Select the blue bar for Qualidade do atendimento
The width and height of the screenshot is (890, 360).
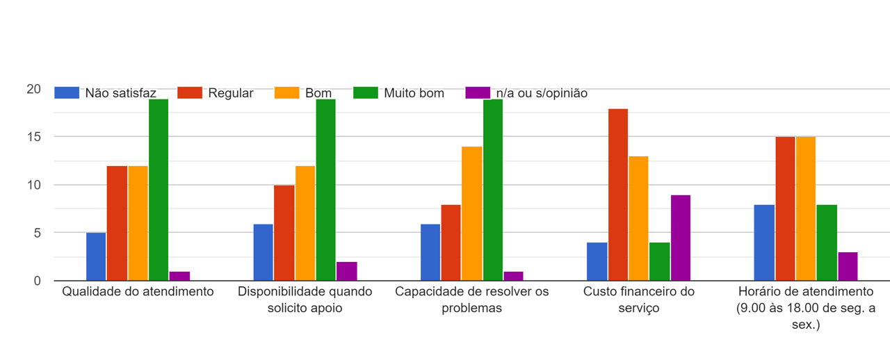tap(96, 256)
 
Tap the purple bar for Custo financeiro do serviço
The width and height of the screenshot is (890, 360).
tap(681, 238)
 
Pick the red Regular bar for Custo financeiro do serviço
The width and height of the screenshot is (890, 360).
tap(618, 195)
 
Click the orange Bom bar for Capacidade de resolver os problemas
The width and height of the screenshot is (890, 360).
tap(472, 213)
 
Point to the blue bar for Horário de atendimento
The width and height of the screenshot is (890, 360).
tap(765, 243)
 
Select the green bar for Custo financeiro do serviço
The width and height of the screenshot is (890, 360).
tap(660, 261)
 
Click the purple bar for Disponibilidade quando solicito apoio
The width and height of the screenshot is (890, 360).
tap(346, 271)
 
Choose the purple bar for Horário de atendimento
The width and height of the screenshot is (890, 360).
tap(848, 266)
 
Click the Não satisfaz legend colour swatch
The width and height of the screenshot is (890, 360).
tap(67, 93)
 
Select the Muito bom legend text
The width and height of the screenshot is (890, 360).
tap(414, 93)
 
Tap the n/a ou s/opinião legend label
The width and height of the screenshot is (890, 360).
tap(542, 93)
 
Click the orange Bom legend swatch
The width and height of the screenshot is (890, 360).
tap(286, 93)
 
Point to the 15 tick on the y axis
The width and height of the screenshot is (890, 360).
tap(34, 137)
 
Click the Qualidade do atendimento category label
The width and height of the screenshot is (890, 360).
tap(138, 292)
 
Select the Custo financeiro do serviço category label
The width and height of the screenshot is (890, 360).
tap(639, 300)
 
